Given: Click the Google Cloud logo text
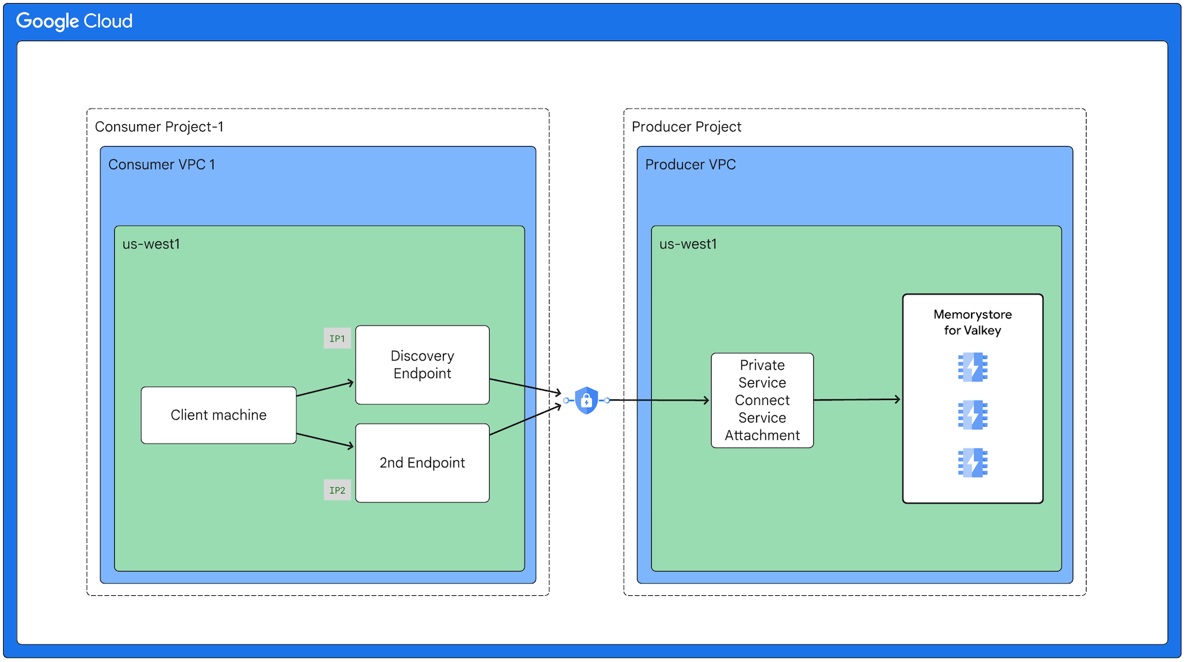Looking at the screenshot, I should (x=74, y=21).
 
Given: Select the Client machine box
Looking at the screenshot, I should (x=218, y=415).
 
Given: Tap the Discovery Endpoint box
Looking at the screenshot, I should (x=422, y=365).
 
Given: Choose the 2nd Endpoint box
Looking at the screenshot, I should (x=422, y=463).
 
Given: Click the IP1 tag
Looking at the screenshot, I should (x=337, y=339).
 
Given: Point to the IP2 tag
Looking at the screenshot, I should (x=337, y=490).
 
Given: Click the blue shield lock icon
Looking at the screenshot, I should (x=586, y=401).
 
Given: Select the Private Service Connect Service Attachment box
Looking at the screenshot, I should (x=762, y=401).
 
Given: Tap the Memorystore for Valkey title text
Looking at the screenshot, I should (x=972, y=323).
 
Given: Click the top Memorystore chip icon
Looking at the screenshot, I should (x=972, y=367).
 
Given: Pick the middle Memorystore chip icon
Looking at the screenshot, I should (x=972, y=415).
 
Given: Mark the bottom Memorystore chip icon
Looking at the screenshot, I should (x=972, y=463).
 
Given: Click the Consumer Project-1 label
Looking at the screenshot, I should (x=159, y=127).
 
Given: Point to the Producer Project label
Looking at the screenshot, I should (x=686, y=127).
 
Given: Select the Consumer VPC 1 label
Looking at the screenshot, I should (x=162, y=165).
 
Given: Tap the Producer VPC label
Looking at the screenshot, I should (x=690, y=165).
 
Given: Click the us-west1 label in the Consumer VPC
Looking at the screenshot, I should (x=151, y=244).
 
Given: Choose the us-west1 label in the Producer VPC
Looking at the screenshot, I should (x=688, y=244).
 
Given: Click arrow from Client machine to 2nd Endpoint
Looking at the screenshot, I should (x=325, y=440).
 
